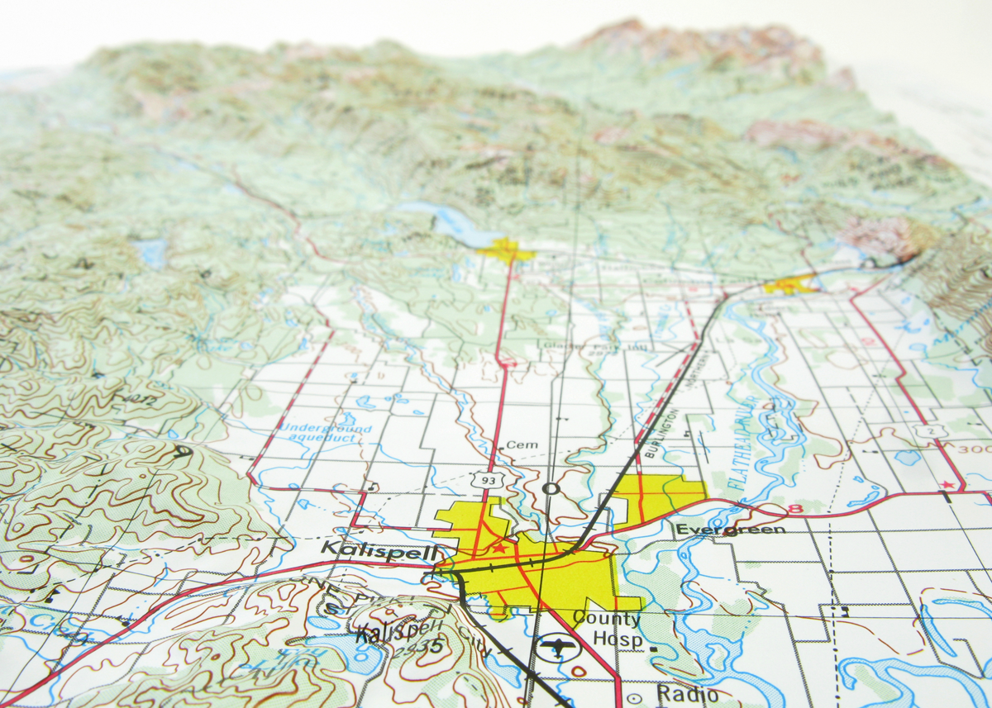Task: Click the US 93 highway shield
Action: (483, 478)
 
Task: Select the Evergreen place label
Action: (730, 529)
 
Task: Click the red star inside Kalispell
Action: (498, 547)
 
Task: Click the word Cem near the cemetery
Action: (522, 444)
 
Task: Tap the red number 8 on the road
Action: (795, 509)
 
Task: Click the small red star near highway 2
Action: (947, 484)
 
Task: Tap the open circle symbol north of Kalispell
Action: (551, 488)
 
